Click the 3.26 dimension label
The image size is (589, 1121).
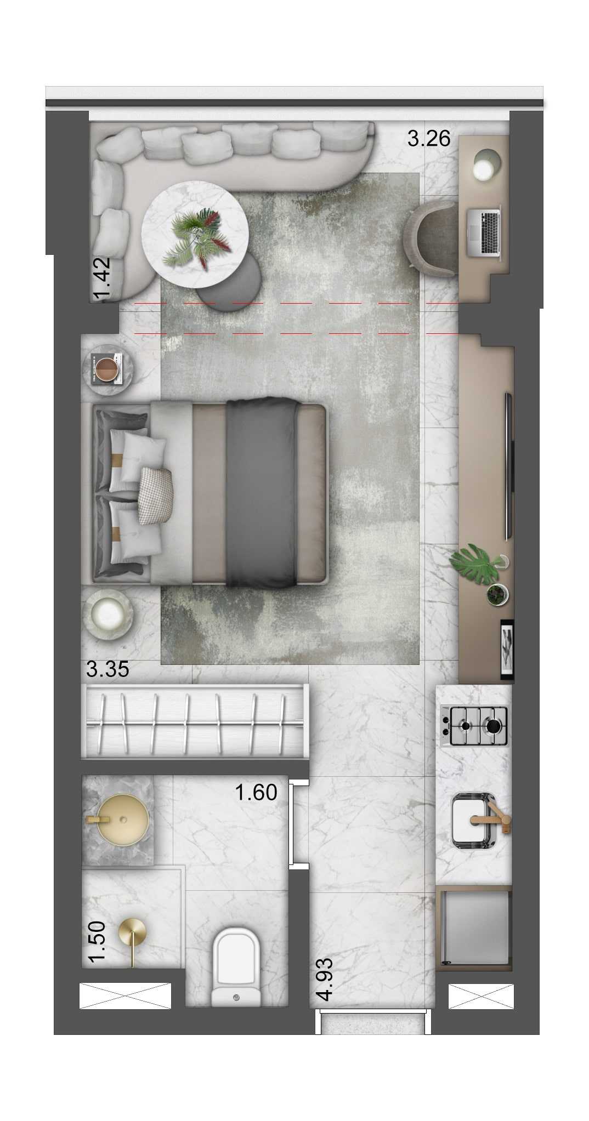pos(428,139)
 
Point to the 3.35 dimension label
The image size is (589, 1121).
pos(107,669)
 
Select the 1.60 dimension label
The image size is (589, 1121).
pos(256,792)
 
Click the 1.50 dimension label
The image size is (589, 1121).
pos(97,941)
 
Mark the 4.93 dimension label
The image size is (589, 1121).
pos(325,979)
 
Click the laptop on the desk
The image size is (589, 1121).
pos(483,231)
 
